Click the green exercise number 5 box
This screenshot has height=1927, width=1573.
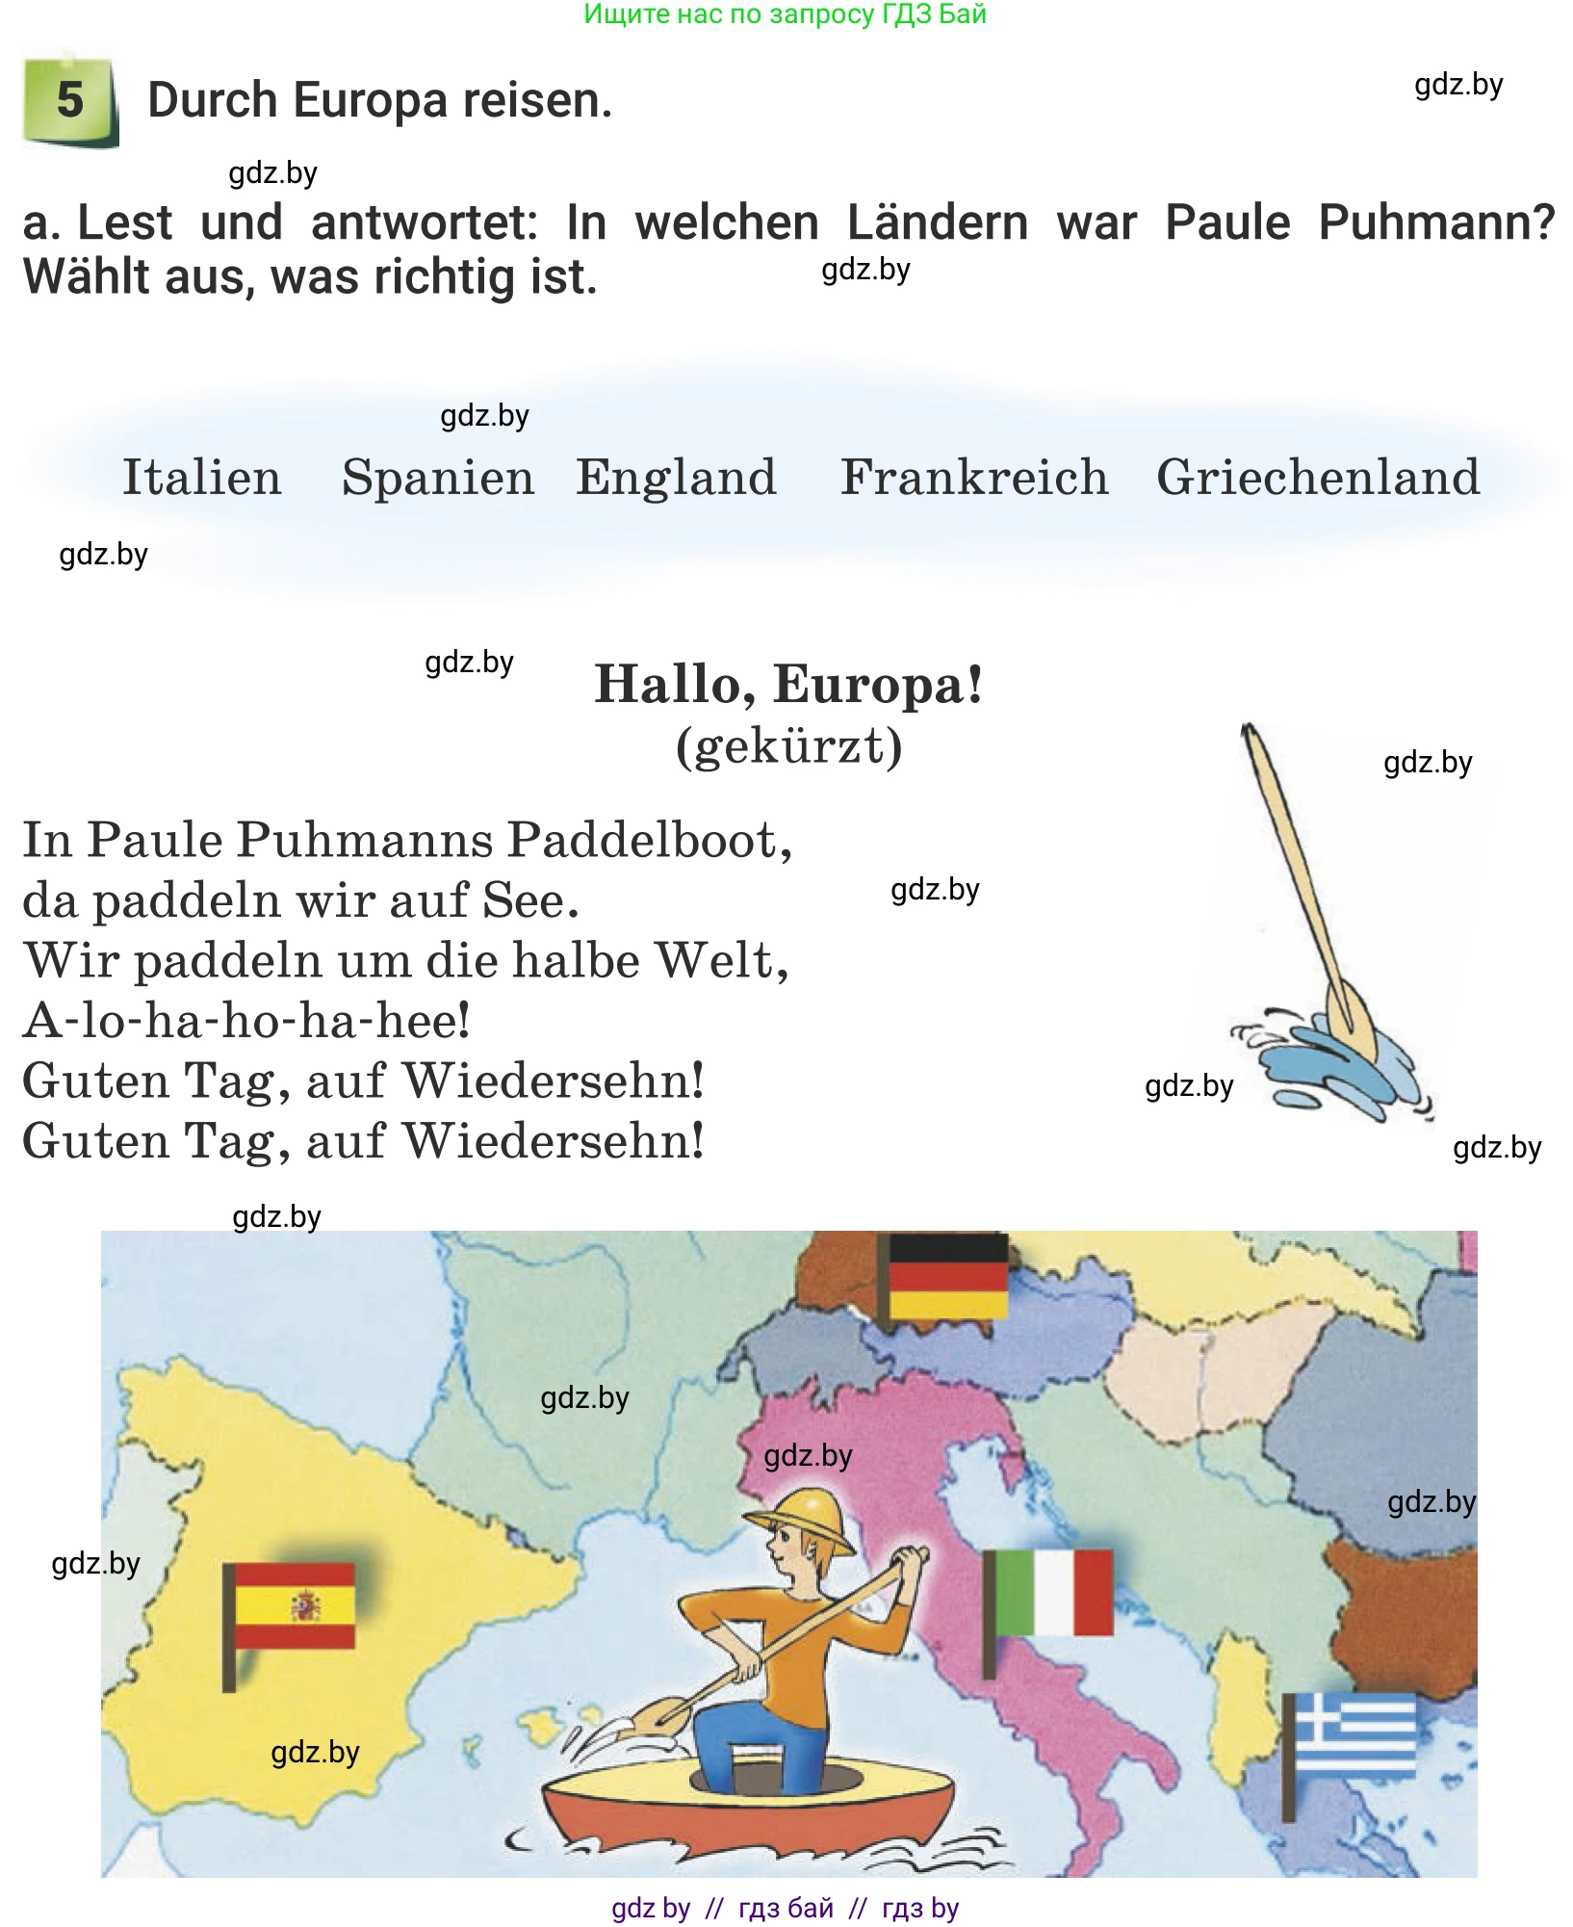coord(69,101)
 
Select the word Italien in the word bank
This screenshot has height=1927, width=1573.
coord(202,478)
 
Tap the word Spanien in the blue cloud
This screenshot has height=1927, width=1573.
coord(438,478)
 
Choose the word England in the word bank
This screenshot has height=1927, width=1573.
coord(676,478)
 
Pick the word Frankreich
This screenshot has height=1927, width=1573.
coord(974,478)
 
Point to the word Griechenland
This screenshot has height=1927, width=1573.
coord(1318,478)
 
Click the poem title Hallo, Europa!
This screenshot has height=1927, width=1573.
coord(788,685)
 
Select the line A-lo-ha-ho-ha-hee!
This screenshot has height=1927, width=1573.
coord(246,1021)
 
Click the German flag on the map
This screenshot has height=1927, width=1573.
coord(947,1276)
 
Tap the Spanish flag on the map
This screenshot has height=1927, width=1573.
coord(294,1605)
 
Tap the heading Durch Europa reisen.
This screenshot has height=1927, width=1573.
coord(379,100)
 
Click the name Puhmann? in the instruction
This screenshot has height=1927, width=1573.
coord(1435,222)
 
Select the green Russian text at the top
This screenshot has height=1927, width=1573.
coord(785,14)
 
